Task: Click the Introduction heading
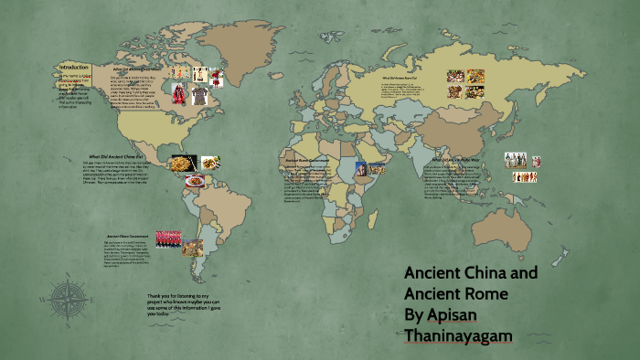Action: point(73,68)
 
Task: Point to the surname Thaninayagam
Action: point(458,337)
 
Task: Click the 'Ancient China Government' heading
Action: point(125,235)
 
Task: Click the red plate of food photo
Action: point(195,181)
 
